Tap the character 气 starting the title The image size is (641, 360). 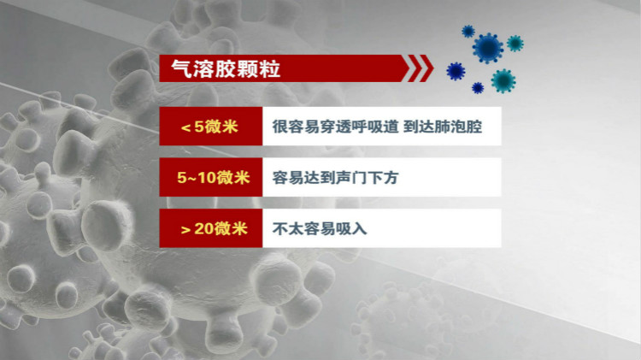click(182, 68)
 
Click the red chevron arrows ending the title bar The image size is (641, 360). click(419, 68)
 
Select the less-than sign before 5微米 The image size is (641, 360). click(185, 128)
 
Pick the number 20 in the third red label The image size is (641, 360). click(203, 229)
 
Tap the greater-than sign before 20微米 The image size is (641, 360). click(185, 229)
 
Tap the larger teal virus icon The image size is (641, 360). click(503, 80)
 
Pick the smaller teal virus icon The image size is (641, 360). click(515, 43)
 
